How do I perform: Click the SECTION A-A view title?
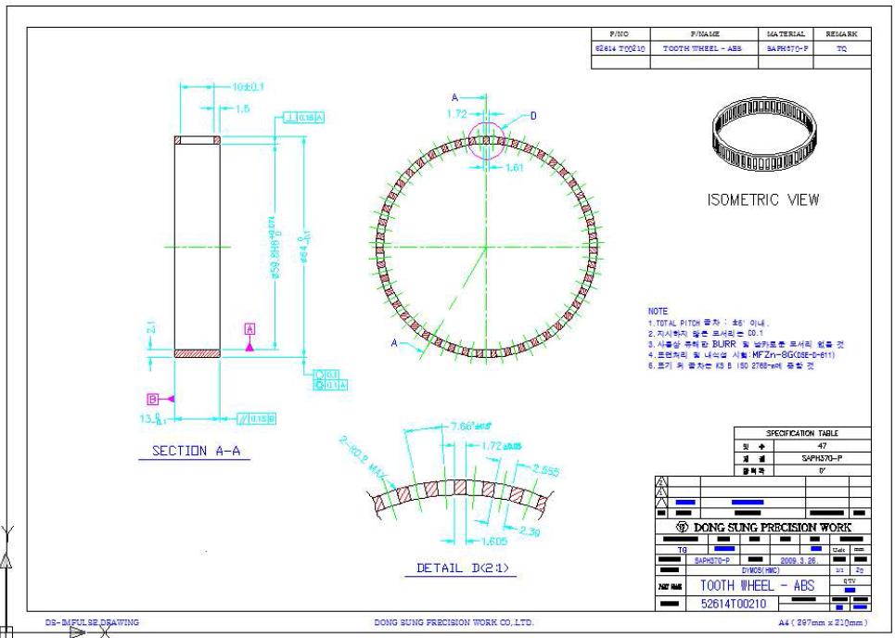(202, 453)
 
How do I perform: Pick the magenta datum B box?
(152, 398)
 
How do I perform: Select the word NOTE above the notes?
(658, 311)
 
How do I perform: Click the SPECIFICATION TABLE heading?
(802, 433)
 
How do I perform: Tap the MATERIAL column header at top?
(787, 33)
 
